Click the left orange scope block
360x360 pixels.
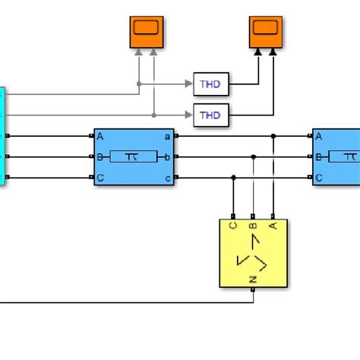[x=146, y=31]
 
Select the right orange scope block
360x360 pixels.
[x=265, y=31]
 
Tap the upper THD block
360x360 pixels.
[x=210, y=84]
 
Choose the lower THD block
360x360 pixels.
[x=210, y=115]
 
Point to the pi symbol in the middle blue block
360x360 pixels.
[x=134, y=157]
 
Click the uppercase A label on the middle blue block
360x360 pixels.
[x=100, y=137]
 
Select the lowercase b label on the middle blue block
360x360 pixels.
[x=168, y=157]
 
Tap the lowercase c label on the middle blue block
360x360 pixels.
[x=168, y=178]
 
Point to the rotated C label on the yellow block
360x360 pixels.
[x=233, y=226]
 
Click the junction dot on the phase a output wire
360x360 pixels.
[x=273, y=137]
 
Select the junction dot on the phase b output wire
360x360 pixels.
[x=253, y=157]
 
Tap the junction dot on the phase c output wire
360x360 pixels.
[x=233, y=178]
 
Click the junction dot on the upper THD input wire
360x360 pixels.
[x=139, y=84]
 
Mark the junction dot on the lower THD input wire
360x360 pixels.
[x=154, y=115]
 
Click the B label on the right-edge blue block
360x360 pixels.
[x=319, y=157]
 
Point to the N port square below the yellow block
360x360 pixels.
[x=253, y=289]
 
